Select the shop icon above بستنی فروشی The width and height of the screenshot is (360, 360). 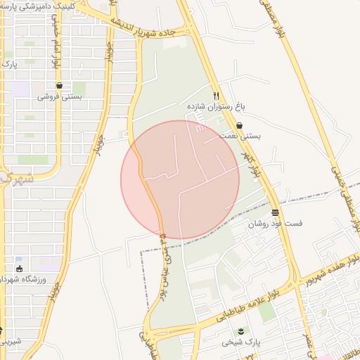coord(59,86)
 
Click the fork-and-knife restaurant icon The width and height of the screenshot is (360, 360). coord(217,96)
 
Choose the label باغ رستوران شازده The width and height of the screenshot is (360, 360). coord(214,107)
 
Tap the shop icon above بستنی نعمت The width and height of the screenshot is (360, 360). coord(240,126)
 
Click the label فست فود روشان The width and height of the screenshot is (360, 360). coord(275,224)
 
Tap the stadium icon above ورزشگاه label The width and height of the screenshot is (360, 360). coord(18,269)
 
